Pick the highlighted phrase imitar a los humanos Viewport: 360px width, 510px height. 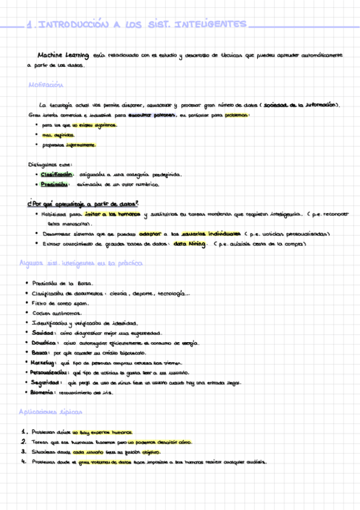pyautogui.click(x=113, y=214)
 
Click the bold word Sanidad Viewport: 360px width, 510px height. pyautogui.click(x=43, y=333)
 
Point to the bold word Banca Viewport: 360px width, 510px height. pyautogui.click(x=41, y=352)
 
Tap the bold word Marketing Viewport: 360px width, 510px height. pyautogui.click(x=46, y=363)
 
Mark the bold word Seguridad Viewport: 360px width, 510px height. pyautogui.click(x=46, y=382)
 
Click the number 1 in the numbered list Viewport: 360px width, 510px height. pyautogui.click(x=22, y=432)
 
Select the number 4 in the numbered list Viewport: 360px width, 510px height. pyautogui.click(x=22, y=462)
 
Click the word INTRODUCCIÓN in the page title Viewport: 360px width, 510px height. pyautogui.click(x=75, y=25)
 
